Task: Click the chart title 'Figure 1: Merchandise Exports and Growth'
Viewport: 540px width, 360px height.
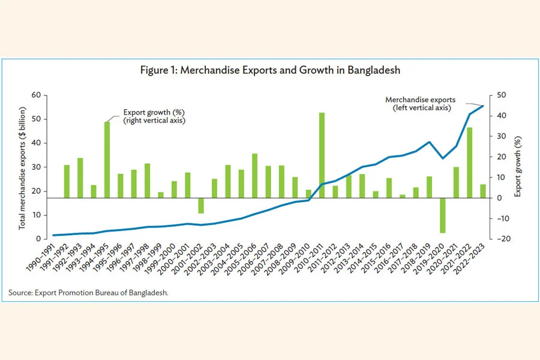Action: coord(270,70)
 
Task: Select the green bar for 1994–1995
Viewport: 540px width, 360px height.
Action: coord(107,160)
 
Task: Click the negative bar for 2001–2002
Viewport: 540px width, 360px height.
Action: coord(201,205)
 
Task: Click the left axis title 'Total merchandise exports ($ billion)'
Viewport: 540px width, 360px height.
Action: coord(23,167)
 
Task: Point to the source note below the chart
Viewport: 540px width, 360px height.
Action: coord(89,293)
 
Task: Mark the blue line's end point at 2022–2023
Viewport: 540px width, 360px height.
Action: coord(483,106)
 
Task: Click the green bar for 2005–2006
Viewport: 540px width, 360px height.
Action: coord(255,176)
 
